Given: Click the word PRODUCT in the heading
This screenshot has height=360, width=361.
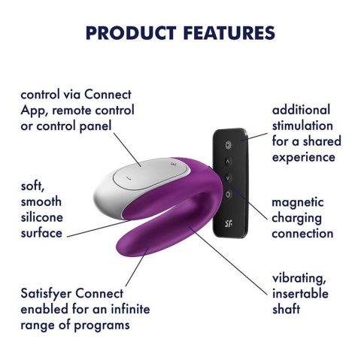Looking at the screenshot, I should coord(129,33).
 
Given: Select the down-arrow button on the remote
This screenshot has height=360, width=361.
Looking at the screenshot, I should coord(226,177).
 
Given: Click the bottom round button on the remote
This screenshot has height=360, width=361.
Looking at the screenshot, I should coord(226,194).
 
